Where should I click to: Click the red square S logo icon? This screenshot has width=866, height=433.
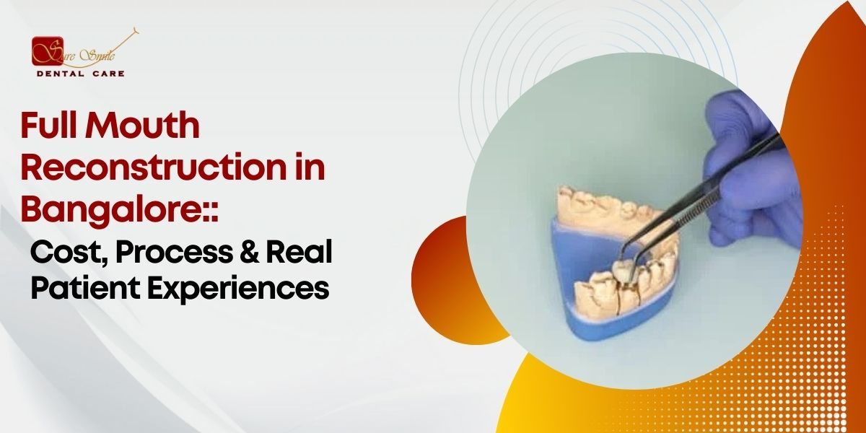47,51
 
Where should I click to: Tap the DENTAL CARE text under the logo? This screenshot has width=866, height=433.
79,74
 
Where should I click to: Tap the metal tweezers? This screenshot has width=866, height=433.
693,195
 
